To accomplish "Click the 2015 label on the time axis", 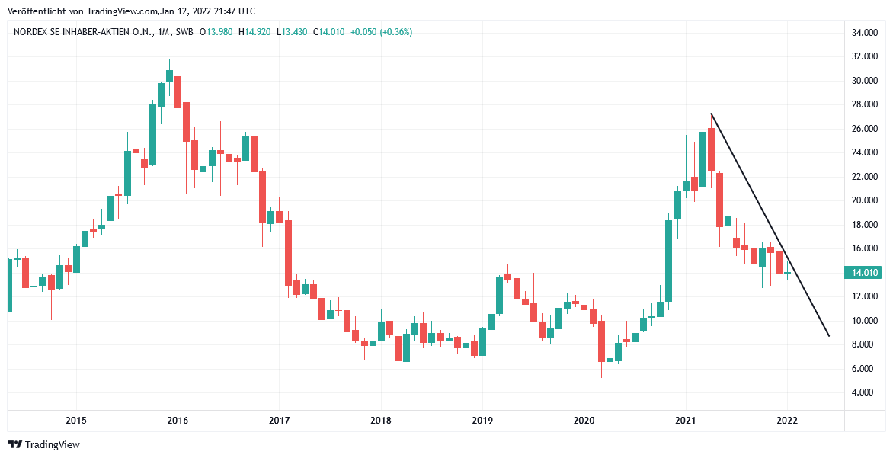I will [x=75, y=420].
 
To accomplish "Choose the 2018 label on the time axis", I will [x=380, y=420].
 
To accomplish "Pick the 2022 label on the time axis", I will [x=786, y=420].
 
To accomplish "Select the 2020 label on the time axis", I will [x=584, y=420].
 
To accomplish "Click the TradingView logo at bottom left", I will [x=43, y=445].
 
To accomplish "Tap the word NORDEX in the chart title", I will [x=31, y=32].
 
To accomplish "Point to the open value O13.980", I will [x=216, y=32].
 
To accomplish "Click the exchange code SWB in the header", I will [x=183, y=32].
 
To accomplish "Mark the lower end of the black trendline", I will [x=828, y=335].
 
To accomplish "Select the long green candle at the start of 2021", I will [x=668, y=259].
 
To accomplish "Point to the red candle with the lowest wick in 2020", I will [x=601, y=341].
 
